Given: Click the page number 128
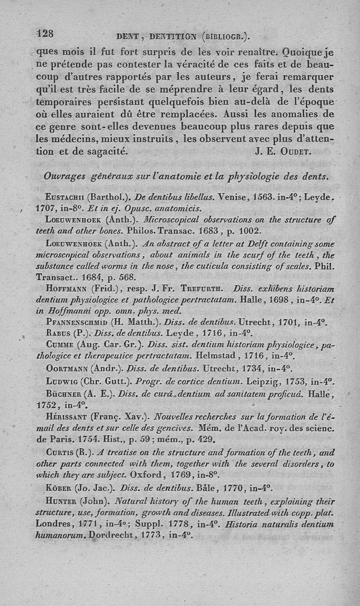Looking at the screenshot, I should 45,33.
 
